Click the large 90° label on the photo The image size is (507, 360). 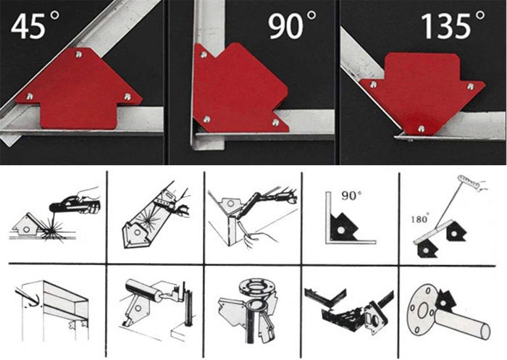tap(292, 25)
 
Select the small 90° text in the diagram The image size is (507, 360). tap(351, 196)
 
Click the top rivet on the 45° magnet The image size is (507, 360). tap(78, 54)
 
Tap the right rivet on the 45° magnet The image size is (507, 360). tap(127, 96)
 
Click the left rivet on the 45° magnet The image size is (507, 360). tap(30, 96)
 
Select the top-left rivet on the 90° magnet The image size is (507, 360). tap(204, 54)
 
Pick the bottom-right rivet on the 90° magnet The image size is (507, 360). tap(275, 122)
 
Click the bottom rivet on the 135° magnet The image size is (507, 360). tap(421, 129)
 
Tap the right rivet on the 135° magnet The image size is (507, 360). tap(471, 86)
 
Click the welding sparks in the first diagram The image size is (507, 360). tap(52, 230)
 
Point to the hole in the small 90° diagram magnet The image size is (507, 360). tap(340, 230)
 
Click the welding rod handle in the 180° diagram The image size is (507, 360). tap(469, 182)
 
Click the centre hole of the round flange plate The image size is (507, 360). tap(422, 311)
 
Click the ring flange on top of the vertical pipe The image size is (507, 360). tap(255, 285)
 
